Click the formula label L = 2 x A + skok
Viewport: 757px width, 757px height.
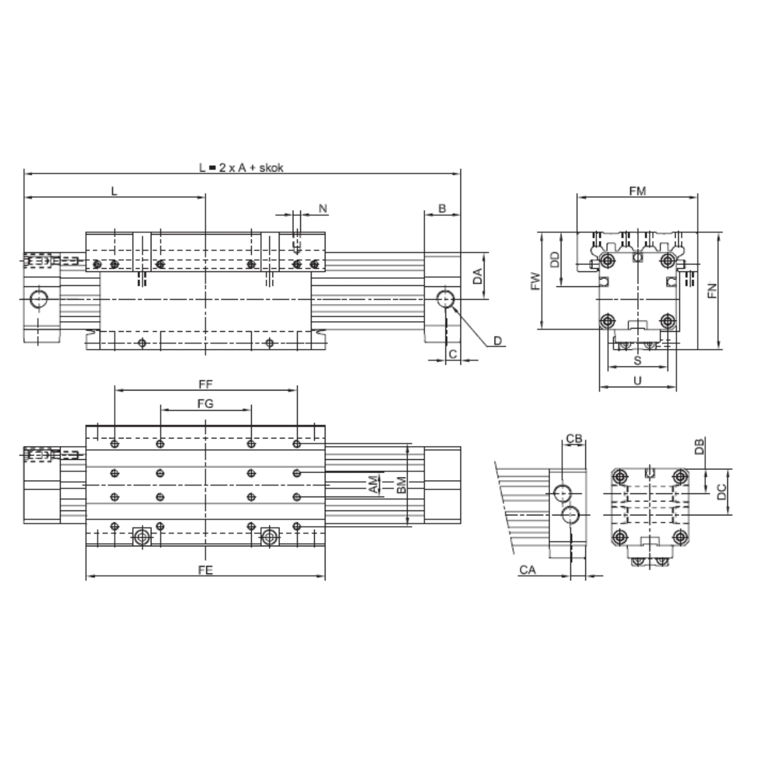pos(241,168)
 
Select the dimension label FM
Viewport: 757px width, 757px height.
pos(637,191)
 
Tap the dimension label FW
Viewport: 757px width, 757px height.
pos(536,281)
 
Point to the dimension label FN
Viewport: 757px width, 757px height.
pos(712,290)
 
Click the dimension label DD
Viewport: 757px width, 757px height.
pos(554,260)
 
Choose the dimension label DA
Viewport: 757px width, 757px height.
pos(477,276)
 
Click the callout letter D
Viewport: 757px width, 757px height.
pos(497,341)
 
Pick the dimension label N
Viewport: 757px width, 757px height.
pos(323,209)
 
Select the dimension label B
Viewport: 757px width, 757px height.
pos(442,209)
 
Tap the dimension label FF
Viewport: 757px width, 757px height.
pos(206,384)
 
